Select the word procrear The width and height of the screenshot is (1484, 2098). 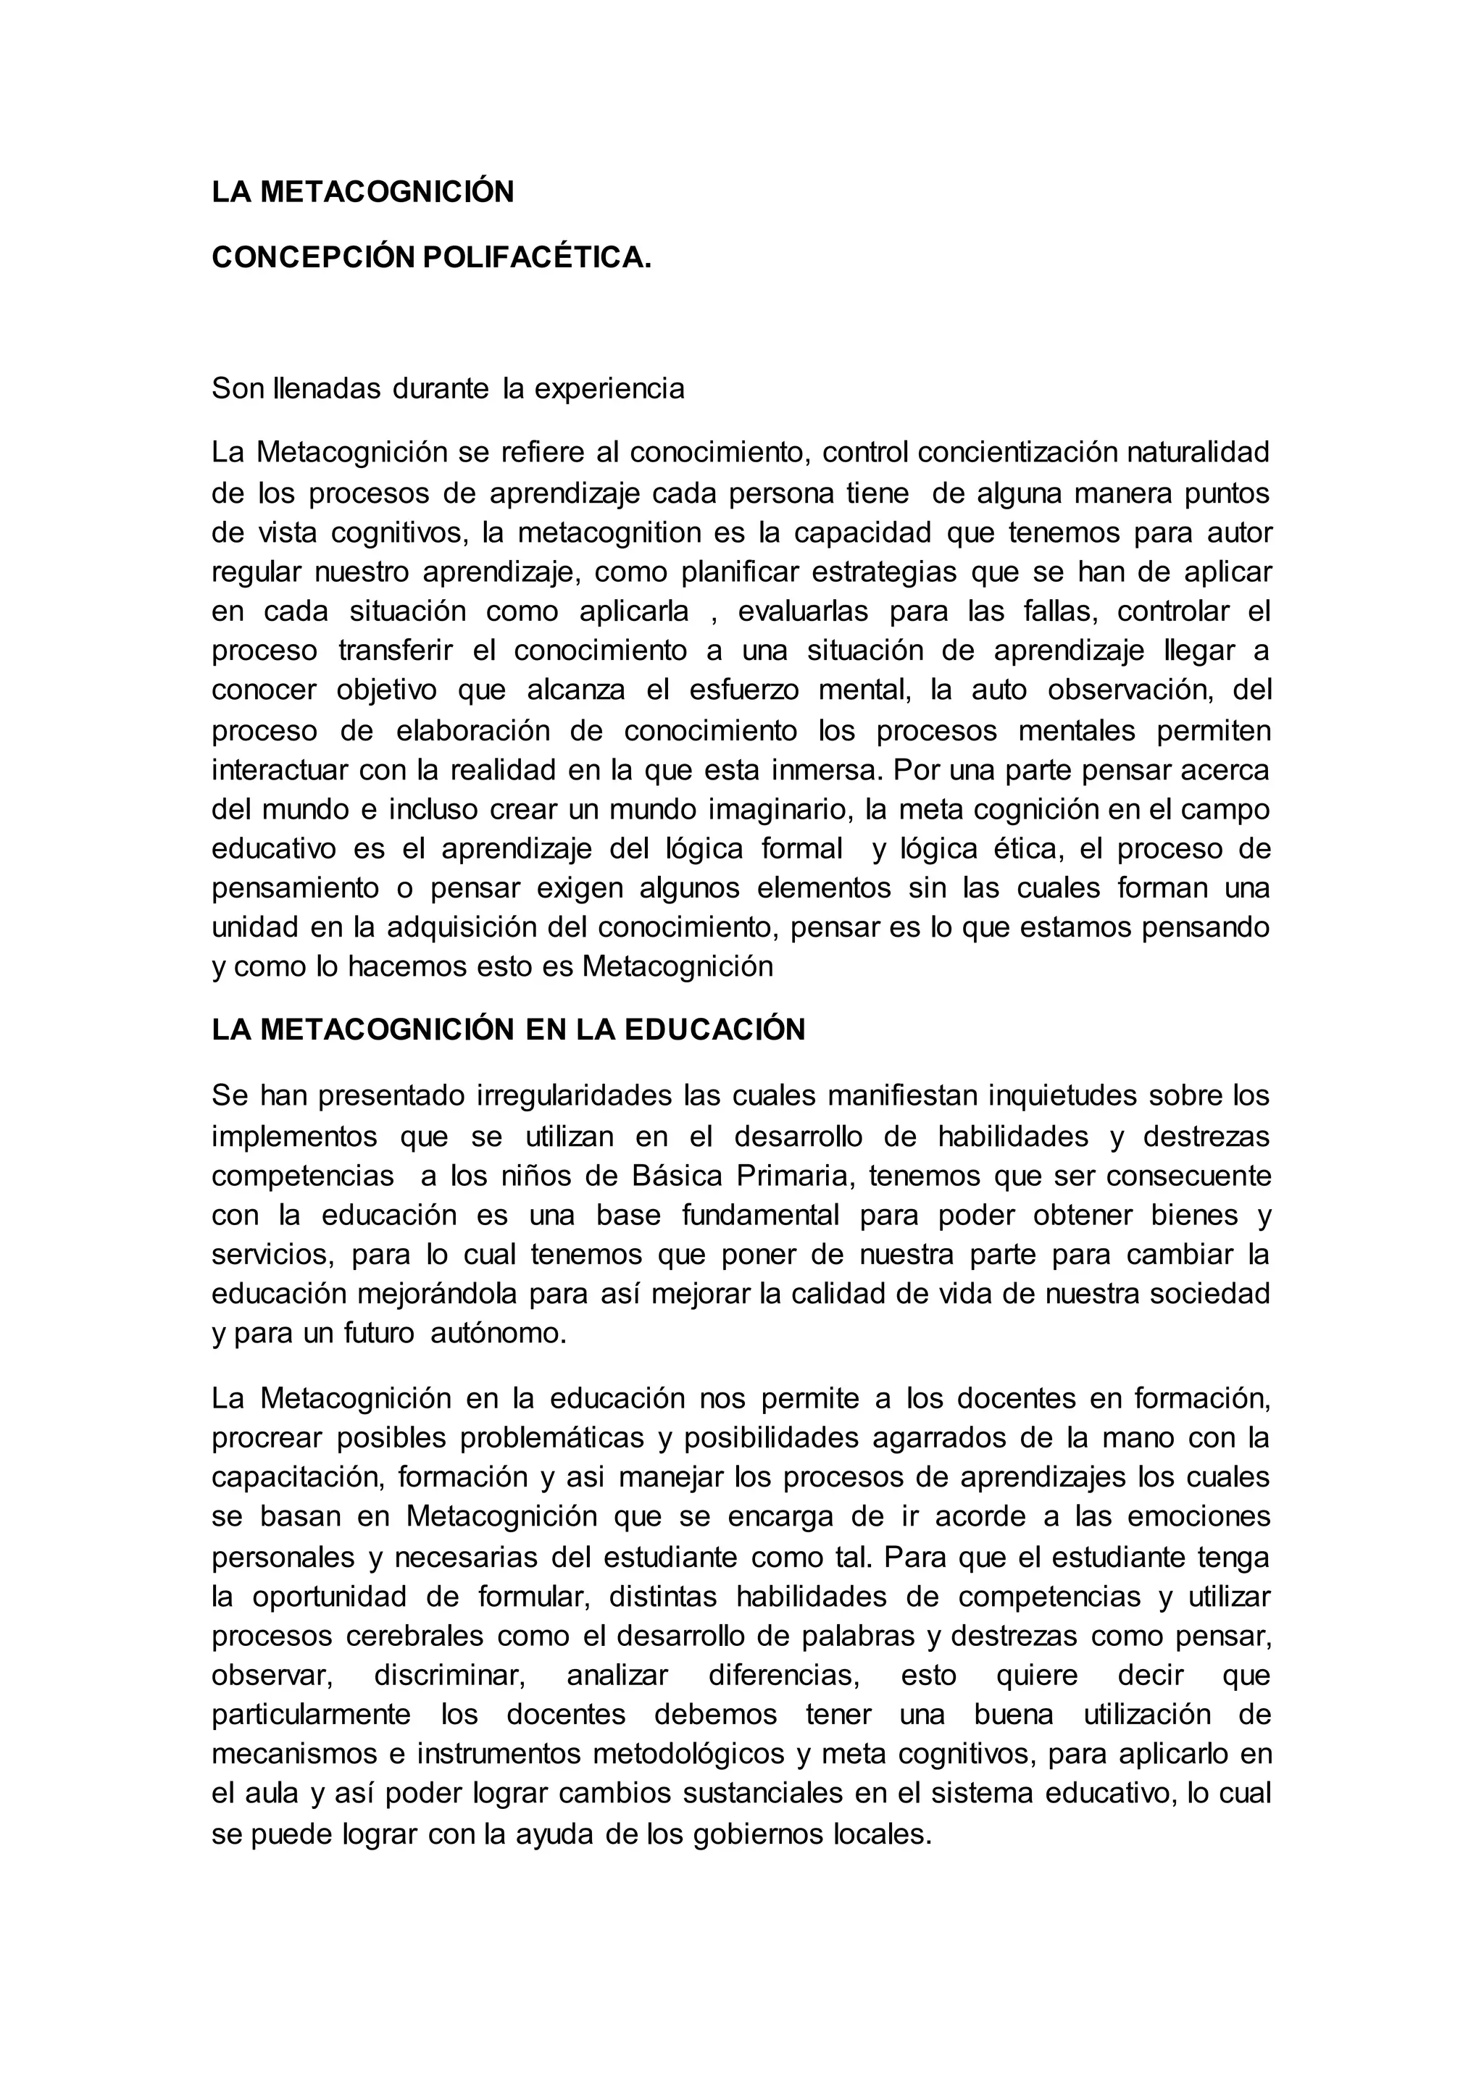(x=267, y=1438)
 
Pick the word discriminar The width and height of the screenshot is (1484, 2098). (x=449, y=1676)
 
